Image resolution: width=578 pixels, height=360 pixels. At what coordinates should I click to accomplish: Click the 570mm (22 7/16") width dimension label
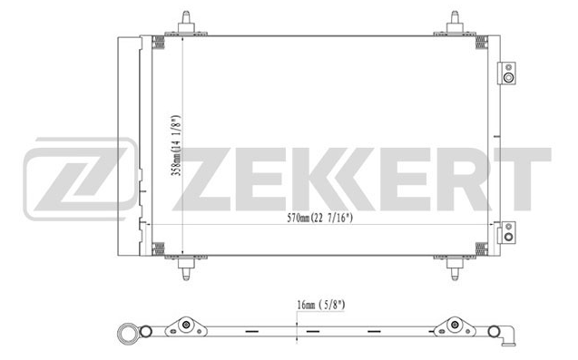(319, 218)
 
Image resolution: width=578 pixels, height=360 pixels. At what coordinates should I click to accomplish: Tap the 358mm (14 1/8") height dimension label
(177, 146)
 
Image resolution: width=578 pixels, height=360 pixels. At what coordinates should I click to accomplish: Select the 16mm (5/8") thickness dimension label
(321, 305)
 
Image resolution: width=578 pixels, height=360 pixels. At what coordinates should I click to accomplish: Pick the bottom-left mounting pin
(186, 268)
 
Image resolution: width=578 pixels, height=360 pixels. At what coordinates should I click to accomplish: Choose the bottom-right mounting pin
(455, 268)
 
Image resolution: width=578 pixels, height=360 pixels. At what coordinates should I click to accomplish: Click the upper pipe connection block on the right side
(507, 73)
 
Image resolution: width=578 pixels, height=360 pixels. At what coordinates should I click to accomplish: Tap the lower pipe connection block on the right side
(507, 232)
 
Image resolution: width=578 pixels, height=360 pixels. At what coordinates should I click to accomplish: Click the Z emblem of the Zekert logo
(80, 180)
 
